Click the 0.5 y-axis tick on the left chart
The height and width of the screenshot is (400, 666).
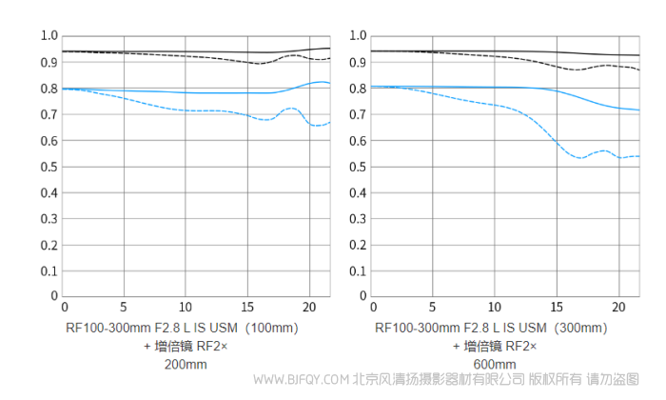[x=49, y=167]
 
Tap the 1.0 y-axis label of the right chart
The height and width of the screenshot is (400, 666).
[x=358, y=36]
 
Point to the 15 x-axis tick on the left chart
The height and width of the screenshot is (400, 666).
[x=246, y=308]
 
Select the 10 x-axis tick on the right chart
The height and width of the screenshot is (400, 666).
[x=494, y=308]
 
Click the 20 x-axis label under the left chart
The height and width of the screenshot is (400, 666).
[x=307, y=308]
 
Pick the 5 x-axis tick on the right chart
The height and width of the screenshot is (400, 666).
[x=433, y=308]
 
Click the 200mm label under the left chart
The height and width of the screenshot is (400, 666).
[x=185, y=364]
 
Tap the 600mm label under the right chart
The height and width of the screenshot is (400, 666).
[x=494, y=364]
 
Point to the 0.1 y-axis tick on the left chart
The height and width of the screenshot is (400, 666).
[x=49, y=270]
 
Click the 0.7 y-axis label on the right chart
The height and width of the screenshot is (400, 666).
[x=358, y=114]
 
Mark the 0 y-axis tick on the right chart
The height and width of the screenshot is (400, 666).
[x=363, y=296]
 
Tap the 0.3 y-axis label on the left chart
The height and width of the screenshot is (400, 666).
[x=49, y=218]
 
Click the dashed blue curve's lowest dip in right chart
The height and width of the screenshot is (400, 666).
[x=579, y=158]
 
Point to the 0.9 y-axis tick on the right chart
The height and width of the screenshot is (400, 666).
[x=358, y=63]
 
